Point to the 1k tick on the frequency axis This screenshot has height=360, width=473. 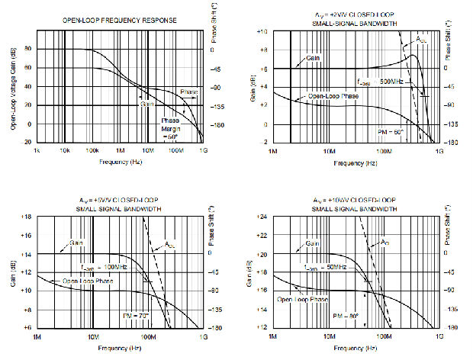click(36, 150)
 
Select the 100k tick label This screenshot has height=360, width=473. click(92, 150)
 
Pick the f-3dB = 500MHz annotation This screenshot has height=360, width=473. click(378, 81)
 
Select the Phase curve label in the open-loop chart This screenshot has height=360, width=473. click(188, 92)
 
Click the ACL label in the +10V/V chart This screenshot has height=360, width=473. click(389, 243)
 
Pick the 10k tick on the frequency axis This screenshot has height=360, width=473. click(64, 150)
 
